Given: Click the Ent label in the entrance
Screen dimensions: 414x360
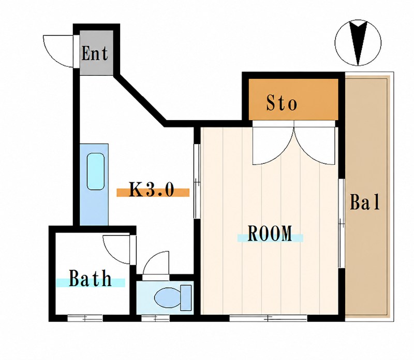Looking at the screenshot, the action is tap(95, 54).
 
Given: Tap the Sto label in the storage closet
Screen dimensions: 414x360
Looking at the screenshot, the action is tap(282, 103).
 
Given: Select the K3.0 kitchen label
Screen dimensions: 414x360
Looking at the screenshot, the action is tap(152, 189).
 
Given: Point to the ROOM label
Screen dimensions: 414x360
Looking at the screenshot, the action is tap(270, 233).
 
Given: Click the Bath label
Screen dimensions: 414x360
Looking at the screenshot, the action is tap(90, 278).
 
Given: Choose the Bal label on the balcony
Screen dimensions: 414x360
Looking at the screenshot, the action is tap(365, 202).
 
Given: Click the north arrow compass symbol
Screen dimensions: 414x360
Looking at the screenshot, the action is tap(358, 43).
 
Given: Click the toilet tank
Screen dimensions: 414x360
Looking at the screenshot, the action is tap(186, 298).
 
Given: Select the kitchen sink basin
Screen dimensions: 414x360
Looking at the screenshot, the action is tap(96, 171).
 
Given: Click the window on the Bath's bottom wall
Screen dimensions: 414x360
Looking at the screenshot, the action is tap(85, 318).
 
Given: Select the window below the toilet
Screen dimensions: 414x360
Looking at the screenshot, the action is tap(155, 318).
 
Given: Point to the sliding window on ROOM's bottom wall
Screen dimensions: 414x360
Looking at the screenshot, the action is tap(268, 318).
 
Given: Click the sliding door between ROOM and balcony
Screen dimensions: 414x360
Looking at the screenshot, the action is tap(342, 224).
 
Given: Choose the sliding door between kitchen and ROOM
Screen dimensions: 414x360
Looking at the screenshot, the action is tap(197, 181).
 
